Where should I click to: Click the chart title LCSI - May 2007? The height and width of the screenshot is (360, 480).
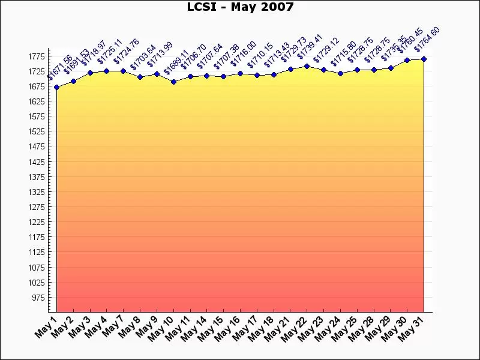(x=240, y=7)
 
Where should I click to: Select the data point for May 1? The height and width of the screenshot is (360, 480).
(x=57, y=87)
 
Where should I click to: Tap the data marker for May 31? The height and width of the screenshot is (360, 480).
(x=424, y=59)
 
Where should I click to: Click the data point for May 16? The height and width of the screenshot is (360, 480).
(x=240, y=73)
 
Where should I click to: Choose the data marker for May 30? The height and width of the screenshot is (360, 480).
(x=407, y=60)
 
